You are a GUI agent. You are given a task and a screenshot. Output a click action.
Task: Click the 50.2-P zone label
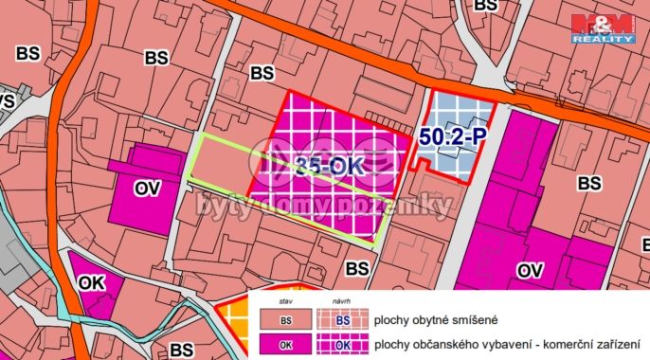tap(453, 137)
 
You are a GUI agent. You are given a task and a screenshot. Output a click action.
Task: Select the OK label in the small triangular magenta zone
tap(92, 282)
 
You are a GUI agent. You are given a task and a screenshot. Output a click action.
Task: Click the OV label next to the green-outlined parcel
tap(147, 189)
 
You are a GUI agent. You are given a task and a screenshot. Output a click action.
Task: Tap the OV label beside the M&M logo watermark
tap(531, 272)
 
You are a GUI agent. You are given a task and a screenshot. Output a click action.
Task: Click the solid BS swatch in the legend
tap(285, 320)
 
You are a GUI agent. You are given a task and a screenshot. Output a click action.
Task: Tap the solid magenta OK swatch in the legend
tap(285, 345)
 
